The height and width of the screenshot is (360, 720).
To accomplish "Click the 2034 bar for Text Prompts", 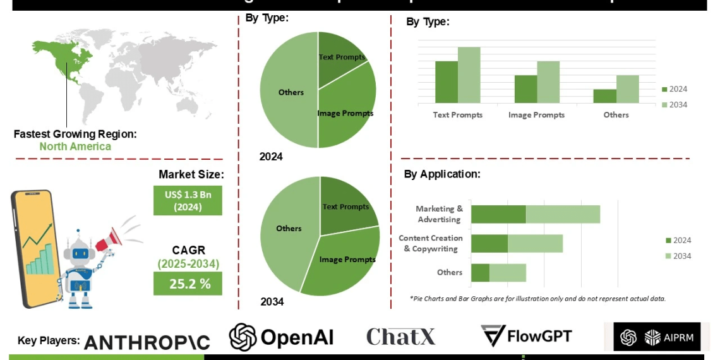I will pos(469,75).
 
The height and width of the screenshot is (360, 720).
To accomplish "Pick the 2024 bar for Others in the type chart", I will pos(604,96).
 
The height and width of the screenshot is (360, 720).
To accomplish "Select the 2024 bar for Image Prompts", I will pos(525,89).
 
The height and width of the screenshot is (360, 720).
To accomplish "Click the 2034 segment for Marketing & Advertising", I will pos(563,214).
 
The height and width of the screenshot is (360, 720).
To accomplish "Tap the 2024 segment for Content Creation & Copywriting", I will pos(489,243).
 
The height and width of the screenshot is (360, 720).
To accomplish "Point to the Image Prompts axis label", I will pos(536,115).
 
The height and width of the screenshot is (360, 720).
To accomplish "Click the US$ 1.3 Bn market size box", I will pos(188,200).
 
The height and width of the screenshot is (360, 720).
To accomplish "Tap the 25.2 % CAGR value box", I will pos(188,284).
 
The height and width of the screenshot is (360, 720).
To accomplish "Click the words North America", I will pos(75,147).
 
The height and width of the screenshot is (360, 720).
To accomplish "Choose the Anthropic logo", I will pos(147,342).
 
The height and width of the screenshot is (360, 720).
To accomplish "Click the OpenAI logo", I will pos(281,337).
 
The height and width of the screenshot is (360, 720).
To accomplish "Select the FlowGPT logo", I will pos(526,335).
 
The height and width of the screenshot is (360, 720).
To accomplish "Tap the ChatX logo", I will pos(400,337).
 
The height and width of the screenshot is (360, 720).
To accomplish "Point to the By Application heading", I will pos(442,174).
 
